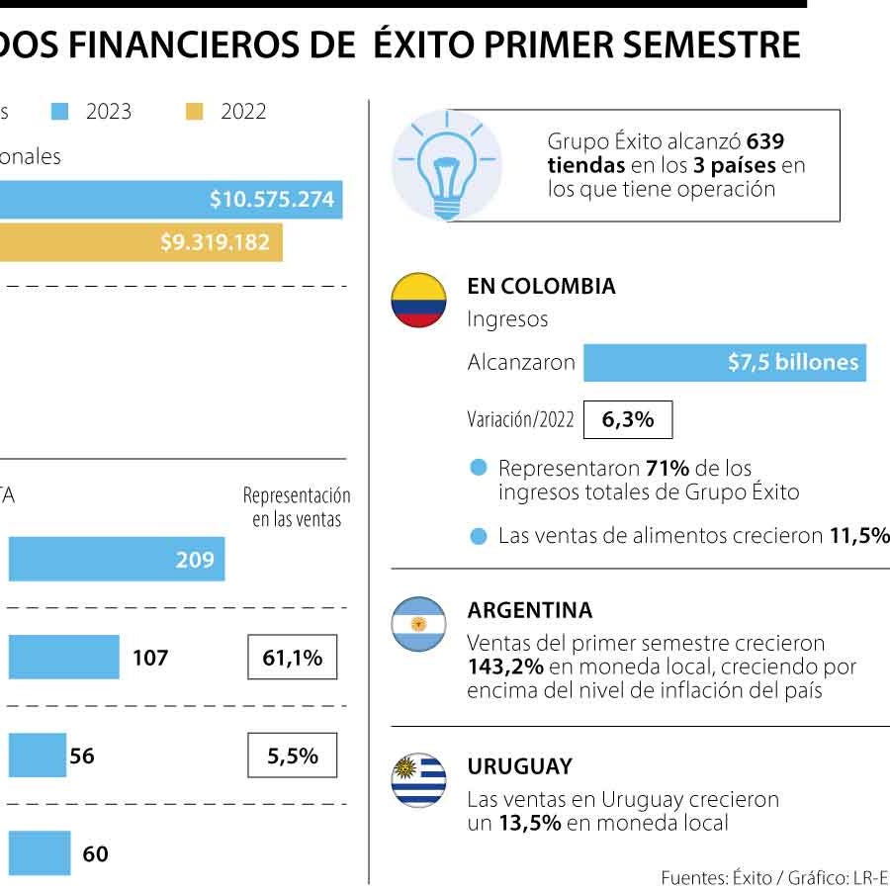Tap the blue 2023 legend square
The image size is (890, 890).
point(60,112)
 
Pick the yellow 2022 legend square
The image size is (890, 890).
point(195,112)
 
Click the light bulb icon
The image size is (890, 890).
point(446,164)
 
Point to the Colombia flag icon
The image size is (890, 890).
point(418,301)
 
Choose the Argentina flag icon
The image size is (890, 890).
point(418,624)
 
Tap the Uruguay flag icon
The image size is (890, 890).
point(418,780)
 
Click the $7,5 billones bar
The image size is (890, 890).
point(724,362)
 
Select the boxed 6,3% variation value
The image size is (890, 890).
point(628,419)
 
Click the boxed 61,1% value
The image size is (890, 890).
point(292,658)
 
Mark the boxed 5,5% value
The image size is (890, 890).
point(292,756)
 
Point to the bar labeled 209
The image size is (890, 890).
point(116,560)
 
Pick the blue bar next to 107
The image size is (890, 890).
point(63,658)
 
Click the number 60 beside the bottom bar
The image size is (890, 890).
point(96,853)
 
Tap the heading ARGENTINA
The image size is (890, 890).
point(529,610)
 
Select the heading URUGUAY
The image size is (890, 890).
point(519,766)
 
